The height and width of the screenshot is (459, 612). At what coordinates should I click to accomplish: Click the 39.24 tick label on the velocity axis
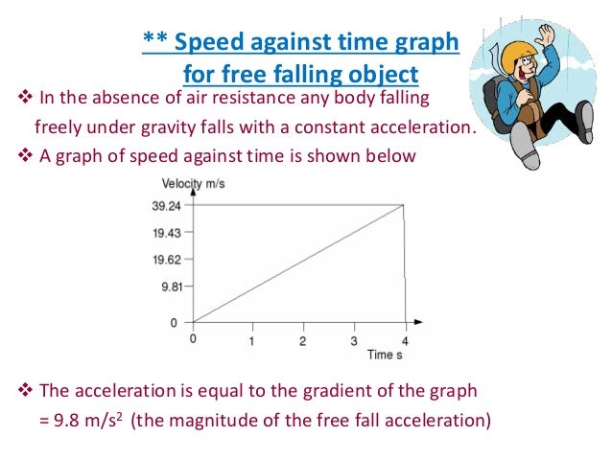165,204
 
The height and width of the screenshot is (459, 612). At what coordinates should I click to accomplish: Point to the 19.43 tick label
165,232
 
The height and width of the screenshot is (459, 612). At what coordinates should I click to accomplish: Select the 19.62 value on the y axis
165,259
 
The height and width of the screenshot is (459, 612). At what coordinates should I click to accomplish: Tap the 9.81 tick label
168,285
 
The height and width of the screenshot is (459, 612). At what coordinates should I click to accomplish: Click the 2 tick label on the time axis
302,341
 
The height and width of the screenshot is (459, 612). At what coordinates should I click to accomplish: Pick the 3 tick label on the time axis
353,341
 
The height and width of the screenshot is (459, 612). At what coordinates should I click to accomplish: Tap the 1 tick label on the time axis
251,341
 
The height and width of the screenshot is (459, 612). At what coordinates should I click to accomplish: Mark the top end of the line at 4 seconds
404,204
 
